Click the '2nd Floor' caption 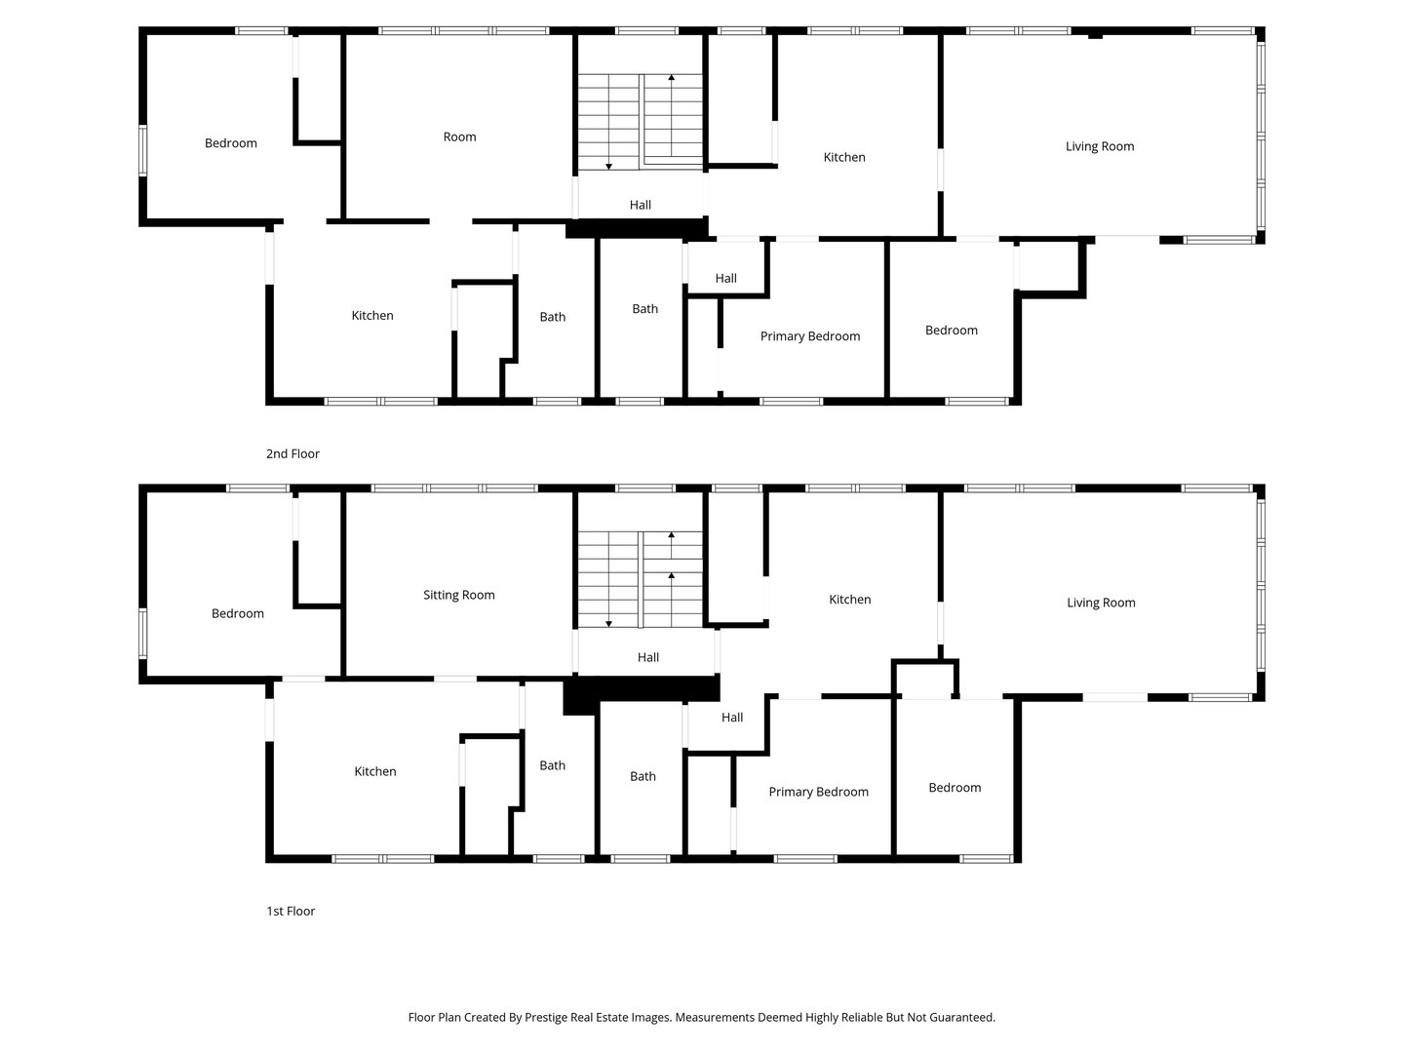click(x=292, y=454)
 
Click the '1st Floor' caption click(x=291, y=911)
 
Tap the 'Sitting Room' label click(x=458, y=595)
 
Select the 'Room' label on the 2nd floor click(x=459, y=136)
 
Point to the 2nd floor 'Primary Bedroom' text click(x=810, y=336)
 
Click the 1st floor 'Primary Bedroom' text click(x=818, y=792)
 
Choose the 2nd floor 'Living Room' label click(x=1100, y=146)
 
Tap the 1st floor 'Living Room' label click(x=1101, y=603)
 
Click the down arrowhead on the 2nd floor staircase click(x=608, y=167)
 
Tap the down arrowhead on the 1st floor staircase click(x=608, y=624)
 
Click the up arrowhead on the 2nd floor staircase click(x=671, y=77)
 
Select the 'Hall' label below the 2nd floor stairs click(x=640, y=205)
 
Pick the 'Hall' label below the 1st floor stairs click(x=648, y=657)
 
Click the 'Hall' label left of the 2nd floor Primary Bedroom click(x=725, y=279)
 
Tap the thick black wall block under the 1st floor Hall click(x=643, y=690)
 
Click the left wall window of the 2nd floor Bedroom click(x=142, y=150)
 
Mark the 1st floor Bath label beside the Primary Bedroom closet click(x=643, y=777)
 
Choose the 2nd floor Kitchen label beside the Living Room click(x=843, y=157)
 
